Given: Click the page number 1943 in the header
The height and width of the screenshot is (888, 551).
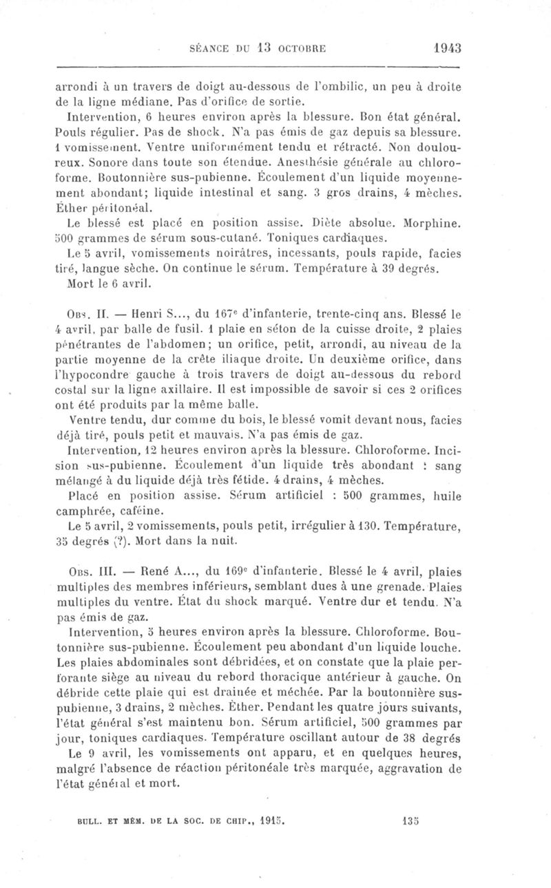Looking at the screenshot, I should pyautogui.click(x=447, y=47).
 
